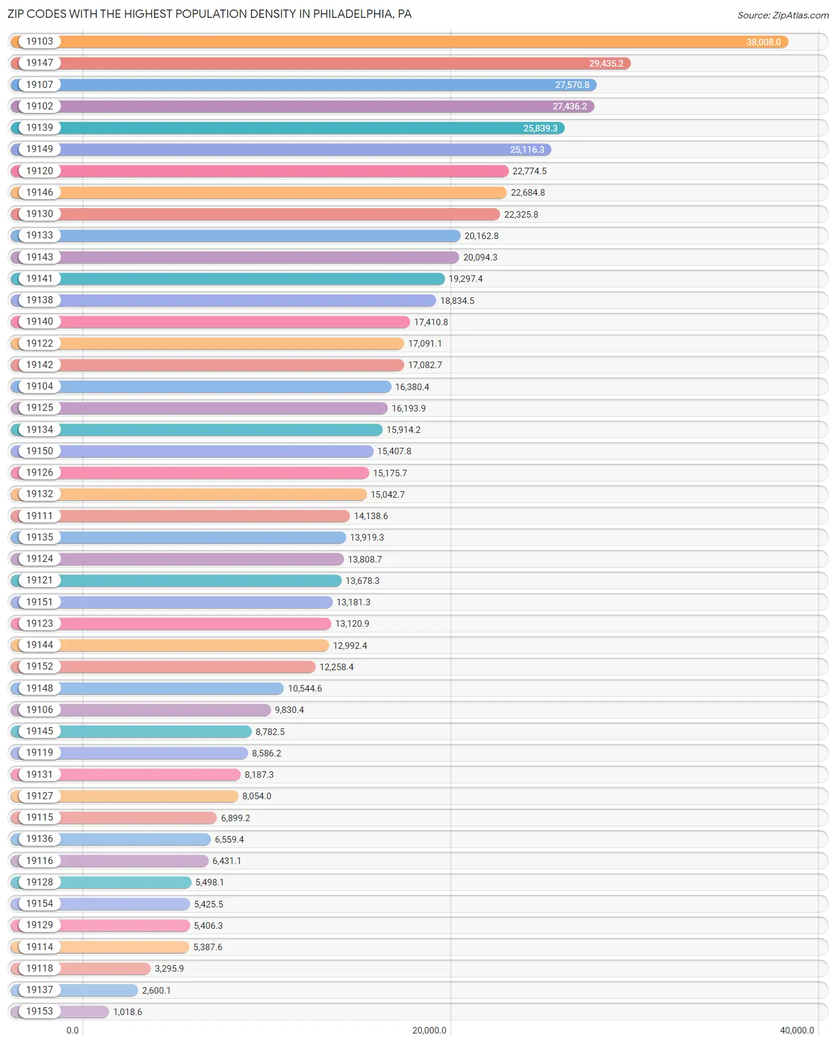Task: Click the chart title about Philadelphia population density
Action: click(209, 14)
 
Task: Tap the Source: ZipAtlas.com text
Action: click(782, 15)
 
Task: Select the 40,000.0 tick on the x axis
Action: click(797, 1030)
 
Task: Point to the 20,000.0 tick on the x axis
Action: click(429, 1030)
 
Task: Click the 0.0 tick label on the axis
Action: click(73, 1030)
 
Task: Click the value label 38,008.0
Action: click(763, 42)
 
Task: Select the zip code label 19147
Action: click(39, 63)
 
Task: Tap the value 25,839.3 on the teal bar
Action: click(540, 128)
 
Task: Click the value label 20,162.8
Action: click(481, 236)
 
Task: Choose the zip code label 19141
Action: click(39, 278)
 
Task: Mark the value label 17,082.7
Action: click(425, 365)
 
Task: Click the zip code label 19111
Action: click(39, 516)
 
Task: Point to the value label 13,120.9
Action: click(352, 624)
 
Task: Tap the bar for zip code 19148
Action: click(172, 689)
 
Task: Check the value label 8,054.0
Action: click(256, 796)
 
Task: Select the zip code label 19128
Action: click(39, 882)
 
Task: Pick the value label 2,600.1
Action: click(156, 990)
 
